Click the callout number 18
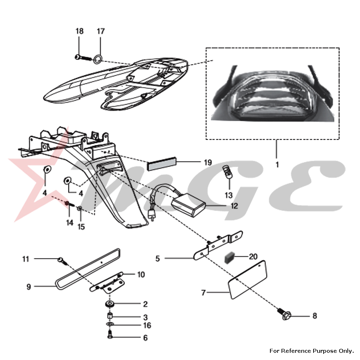click(x=79, y=31)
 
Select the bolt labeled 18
click(x=82, y=57)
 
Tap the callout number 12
click(x=234, y=206)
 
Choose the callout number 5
click(x=157, y=258)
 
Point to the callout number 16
click(x=147, y=325)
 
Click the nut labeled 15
click(x=81, y=209)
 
